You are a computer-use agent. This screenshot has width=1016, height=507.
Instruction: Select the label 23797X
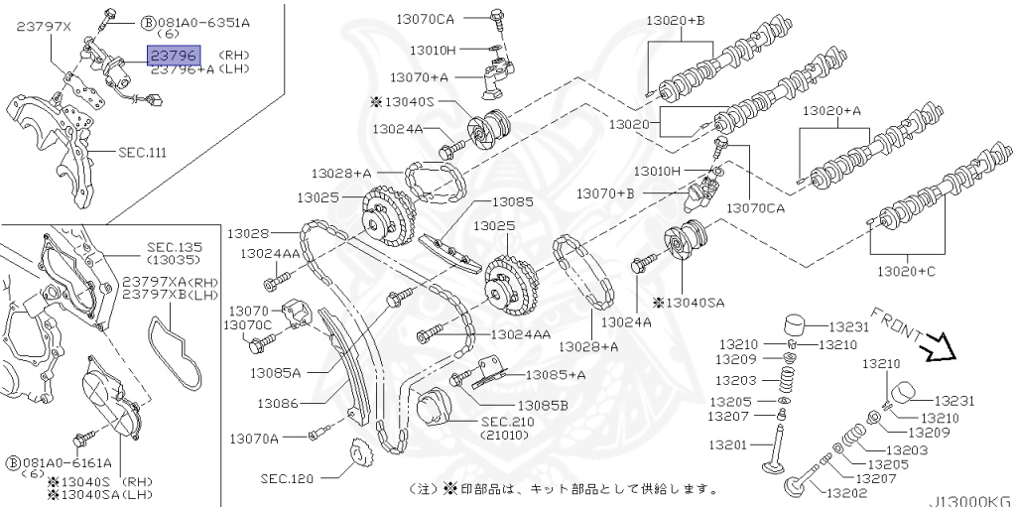click(x=44, y=28)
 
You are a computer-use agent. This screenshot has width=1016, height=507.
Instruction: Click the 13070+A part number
click(x=418, y=76)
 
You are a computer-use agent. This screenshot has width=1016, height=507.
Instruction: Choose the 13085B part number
click(x=543, y=406)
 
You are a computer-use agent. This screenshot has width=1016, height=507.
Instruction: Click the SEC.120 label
click(x=288, y=478)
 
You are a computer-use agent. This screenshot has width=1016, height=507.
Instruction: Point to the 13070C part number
click(x=248, y=324)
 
